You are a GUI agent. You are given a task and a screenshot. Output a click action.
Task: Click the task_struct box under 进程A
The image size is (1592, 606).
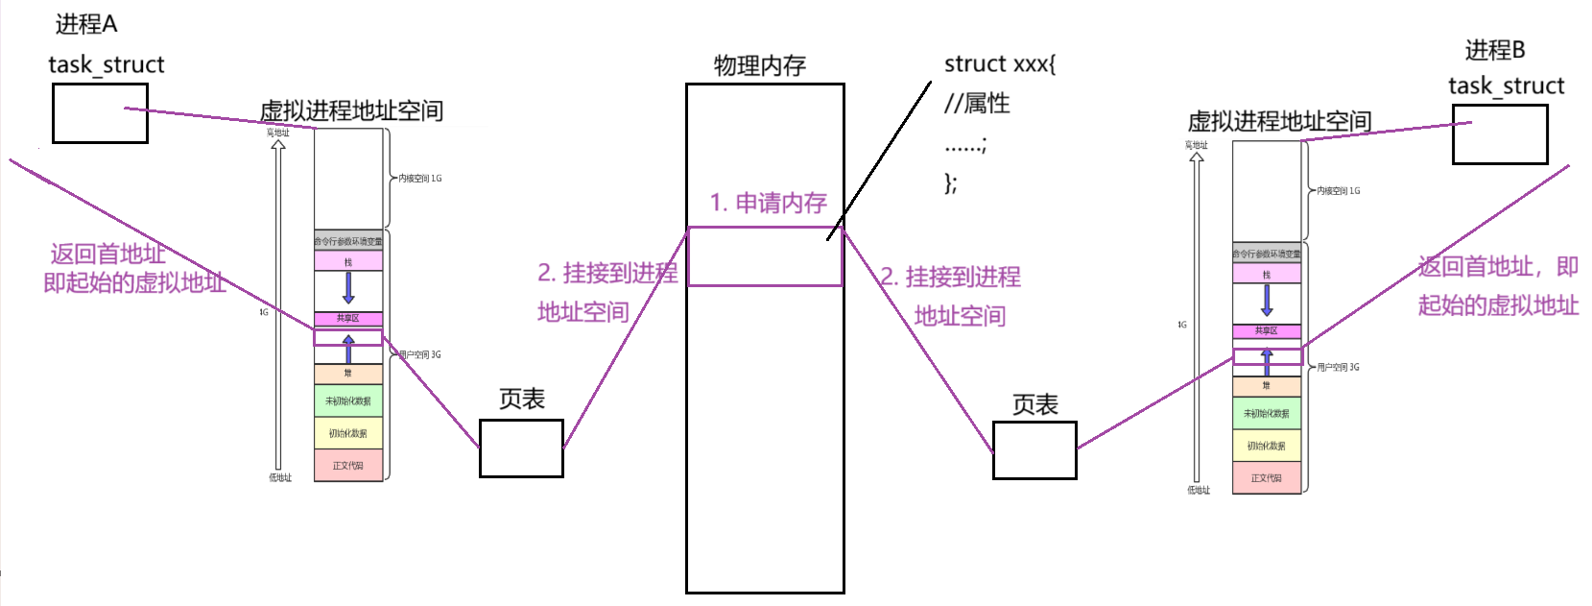pos(100,113)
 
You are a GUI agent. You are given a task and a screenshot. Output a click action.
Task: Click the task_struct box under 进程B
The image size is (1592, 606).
pos(1499,134)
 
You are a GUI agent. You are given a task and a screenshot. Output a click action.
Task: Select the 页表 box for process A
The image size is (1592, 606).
pos(521,448)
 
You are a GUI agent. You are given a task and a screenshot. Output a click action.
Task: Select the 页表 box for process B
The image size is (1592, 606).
pos(1034,449)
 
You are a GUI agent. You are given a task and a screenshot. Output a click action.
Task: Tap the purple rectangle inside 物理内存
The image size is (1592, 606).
pos(765,256)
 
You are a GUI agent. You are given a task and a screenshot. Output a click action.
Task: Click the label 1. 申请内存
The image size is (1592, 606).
pos(768,203)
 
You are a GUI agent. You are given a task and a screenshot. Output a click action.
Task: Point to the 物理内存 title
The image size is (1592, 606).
pos(759,65)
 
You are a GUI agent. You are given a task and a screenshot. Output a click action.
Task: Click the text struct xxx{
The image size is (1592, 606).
pos(999,64)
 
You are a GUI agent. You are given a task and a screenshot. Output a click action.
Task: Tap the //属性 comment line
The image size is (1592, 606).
pos(977,104)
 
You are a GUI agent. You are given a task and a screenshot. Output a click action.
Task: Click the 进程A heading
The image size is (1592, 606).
pos(85,24)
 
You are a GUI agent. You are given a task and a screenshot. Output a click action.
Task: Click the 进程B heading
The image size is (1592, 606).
pos(1494,50)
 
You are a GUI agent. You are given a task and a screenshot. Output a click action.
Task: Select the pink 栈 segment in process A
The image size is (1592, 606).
pos(348,261)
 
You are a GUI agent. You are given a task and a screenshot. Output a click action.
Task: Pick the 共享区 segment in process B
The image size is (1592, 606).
pos(1267,331)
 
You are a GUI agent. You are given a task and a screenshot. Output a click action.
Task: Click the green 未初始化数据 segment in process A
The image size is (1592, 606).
pos(348,400)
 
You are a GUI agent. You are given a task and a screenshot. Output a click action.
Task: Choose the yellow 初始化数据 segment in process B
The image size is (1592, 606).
pos(1267,446)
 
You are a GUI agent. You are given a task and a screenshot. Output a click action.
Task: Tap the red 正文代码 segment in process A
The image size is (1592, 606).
pos(348,466)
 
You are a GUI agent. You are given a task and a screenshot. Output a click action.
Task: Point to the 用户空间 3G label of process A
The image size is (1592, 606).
pos(419,355)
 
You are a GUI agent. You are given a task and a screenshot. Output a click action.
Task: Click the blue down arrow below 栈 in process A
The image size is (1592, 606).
pos(348,287)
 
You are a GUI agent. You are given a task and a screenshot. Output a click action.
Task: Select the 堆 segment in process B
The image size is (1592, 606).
pos(1267,386)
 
